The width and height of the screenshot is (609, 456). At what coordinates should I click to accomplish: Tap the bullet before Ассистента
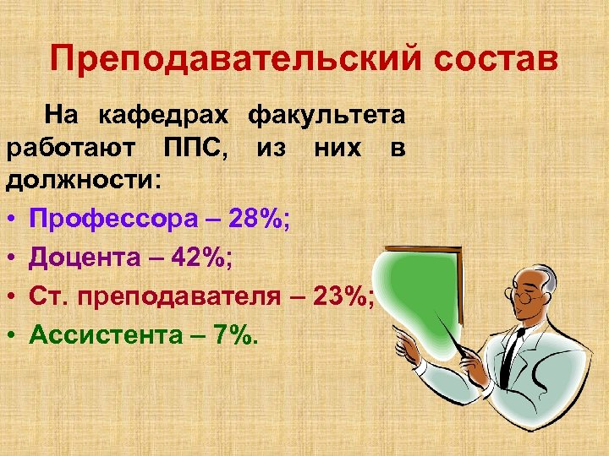(14, 335)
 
